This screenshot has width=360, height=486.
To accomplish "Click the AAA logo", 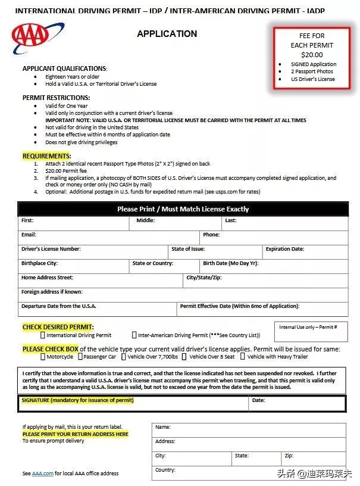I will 37,38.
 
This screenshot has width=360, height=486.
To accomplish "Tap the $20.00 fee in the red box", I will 312,55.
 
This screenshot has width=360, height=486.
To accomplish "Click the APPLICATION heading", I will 167,34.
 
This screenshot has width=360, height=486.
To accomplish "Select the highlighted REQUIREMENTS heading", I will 46,156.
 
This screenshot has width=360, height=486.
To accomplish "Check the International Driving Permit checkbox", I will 42,335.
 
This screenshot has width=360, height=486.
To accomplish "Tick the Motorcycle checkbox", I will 43,357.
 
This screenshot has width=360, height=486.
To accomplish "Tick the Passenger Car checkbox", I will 80,357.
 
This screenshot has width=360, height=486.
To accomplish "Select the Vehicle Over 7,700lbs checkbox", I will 124,357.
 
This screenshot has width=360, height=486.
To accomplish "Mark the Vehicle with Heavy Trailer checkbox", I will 243,357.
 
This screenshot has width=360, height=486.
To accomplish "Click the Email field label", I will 29,235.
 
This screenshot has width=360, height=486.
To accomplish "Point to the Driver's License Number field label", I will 51,249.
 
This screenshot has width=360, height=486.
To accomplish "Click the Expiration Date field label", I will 284,249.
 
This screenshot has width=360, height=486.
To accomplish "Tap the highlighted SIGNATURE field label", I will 77,400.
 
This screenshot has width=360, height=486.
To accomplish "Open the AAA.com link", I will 42,473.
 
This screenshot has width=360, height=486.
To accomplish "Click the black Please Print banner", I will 183,209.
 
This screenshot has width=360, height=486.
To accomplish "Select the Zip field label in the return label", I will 289,456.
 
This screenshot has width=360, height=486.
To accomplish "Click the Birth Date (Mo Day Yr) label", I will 230,263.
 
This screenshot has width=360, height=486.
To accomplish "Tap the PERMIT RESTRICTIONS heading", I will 56,98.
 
